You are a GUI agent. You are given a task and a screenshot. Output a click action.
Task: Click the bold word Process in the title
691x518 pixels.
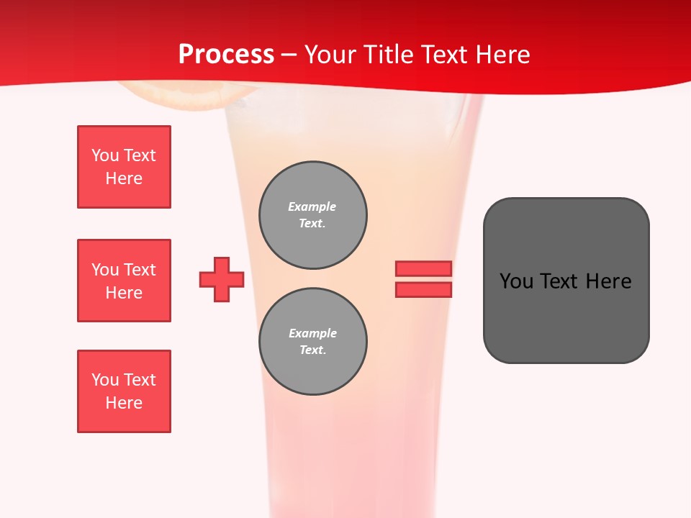226,54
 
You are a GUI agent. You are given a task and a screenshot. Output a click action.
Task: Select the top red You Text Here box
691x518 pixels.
124,167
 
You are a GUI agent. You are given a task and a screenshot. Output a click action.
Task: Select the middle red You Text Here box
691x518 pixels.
124,281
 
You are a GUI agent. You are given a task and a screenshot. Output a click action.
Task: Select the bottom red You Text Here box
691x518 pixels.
124,391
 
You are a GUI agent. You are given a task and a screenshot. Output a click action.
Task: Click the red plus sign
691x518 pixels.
222,279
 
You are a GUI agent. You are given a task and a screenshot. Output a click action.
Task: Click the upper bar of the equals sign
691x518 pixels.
423,268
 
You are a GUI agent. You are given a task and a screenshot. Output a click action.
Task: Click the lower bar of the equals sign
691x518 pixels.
423,289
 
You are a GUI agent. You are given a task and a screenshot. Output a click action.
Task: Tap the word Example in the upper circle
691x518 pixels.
312,206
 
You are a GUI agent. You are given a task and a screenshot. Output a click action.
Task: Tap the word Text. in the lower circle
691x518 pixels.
312,350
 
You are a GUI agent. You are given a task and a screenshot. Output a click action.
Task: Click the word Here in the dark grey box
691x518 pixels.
608,281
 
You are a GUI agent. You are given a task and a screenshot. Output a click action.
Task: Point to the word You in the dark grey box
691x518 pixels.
517,281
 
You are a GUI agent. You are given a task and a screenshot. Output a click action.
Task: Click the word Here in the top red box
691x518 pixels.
124,178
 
